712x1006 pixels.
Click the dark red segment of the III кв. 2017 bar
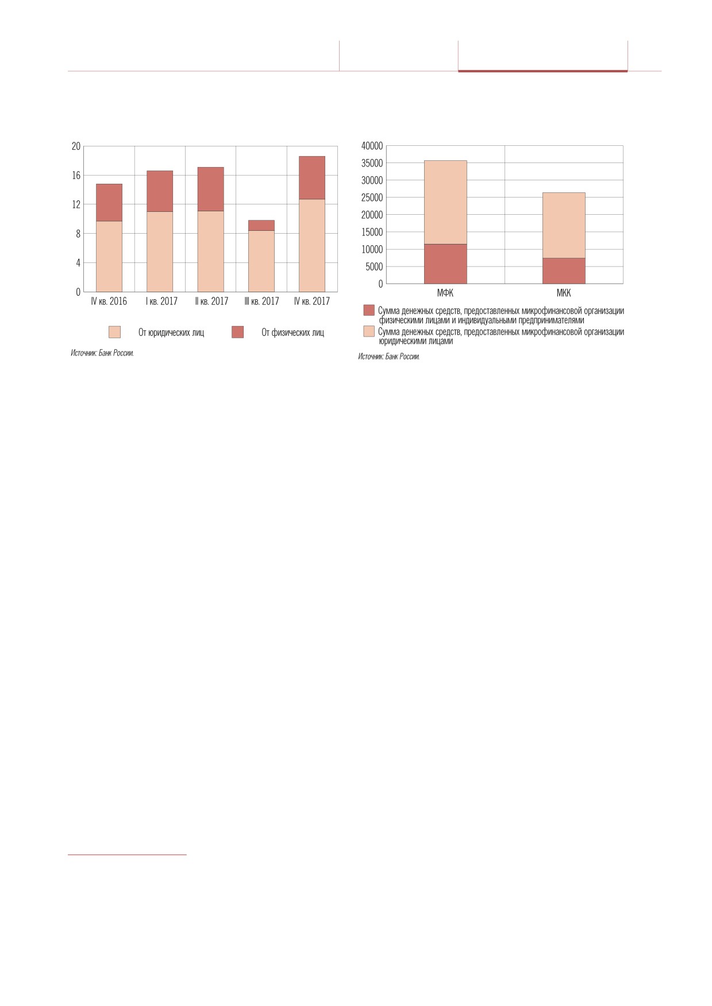coord(261,225)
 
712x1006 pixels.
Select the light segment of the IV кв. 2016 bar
coord(109,256)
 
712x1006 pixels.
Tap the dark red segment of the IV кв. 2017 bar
coord(311,177)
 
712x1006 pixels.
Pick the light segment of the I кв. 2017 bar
coord(159,252)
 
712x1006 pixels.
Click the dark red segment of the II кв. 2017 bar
coord(210,189)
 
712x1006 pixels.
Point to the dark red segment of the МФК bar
coord(445,264)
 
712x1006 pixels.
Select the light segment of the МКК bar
coord(564,225)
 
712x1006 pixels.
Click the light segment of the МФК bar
coord(445,202)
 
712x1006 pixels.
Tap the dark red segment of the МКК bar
coord(564,270)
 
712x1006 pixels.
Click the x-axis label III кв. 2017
coord(261,301)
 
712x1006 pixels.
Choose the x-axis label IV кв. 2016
coord(109,301)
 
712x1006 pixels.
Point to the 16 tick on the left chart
coord(76,175)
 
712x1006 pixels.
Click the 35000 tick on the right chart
coord(372,163)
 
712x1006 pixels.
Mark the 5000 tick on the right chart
coord(374,266)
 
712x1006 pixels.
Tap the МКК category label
coord(564,293)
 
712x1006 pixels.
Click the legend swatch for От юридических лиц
coord(115,332)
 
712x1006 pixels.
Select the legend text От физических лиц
coord(293,332)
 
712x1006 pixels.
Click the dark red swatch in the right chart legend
coord(369,310)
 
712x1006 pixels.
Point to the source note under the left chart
coord(102,353)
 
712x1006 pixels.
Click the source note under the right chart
coord(389,357)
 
